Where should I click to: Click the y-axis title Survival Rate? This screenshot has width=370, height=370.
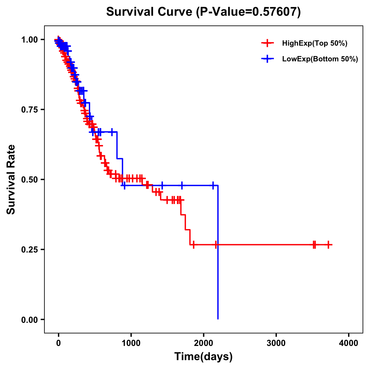click(11, 179)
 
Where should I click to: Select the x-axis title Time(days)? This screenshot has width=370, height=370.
click(203, 356)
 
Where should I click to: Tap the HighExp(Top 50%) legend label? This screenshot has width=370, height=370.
click(314, 43)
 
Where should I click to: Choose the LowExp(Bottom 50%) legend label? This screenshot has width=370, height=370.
click(320, 59)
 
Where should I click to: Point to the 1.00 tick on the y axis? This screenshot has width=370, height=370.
click(29, 39)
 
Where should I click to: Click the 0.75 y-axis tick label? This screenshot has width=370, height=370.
click(29, 109)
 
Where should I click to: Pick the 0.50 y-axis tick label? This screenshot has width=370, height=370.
click(29, 179)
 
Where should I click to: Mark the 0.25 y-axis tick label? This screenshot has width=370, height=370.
click(29, 249)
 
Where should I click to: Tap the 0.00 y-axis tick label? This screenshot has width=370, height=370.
click(29, 319)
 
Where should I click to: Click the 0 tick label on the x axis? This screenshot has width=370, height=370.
click(58, 343)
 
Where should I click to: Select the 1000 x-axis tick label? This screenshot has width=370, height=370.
click(131, 343)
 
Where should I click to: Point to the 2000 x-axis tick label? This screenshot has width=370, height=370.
click(203, 343)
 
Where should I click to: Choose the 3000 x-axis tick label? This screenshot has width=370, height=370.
click(276, 343)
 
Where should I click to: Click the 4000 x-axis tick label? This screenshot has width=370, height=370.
click(349, 343)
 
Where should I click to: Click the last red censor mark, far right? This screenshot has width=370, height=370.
click(329, 245)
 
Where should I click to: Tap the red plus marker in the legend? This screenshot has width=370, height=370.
click(267, 43)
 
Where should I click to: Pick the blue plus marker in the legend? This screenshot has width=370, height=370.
click(267, 59)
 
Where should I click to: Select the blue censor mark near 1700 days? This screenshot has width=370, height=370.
click(182, 185)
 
